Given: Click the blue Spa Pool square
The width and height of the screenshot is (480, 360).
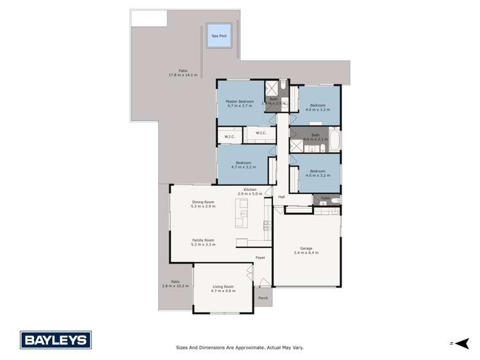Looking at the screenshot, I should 219,36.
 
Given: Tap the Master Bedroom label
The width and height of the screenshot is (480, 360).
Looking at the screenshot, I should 240,103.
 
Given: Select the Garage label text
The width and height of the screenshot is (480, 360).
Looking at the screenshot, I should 306,250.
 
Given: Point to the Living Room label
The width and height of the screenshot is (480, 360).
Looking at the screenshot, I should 223,288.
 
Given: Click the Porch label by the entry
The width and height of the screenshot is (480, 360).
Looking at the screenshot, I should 263,298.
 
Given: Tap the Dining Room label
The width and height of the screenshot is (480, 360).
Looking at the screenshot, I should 203,204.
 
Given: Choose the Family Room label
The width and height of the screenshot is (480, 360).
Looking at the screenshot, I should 203,242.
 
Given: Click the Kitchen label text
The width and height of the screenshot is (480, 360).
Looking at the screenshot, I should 250,191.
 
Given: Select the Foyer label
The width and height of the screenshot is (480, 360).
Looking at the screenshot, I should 260,258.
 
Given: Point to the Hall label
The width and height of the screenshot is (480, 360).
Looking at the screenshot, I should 281,197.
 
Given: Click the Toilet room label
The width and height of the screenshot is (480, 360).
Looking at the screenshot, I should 326,198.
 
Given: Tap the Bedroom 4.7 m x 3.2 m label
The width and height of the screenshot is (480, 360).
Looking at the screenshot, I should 243,165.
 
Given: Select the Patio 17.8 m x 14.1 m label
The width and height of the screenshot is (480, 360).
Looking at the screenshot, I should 183,73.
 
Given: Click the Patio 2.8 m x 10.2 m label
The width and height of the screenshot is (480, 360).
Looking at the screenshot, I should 175,283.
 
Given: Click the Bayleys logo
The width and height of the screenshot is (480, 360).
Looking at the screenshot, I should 56,340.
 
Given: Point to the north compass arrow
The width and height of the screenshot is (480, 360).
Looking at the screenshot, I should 461,343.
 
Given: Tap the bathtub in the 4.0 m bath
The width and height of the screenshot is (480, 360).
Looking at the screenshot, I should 335,139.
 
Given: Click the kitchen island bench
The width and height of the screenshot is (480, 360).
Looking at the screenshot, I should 242,213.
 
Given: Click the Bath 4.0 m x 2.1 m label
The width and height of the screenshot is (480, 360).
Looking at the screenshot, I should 315,137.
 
